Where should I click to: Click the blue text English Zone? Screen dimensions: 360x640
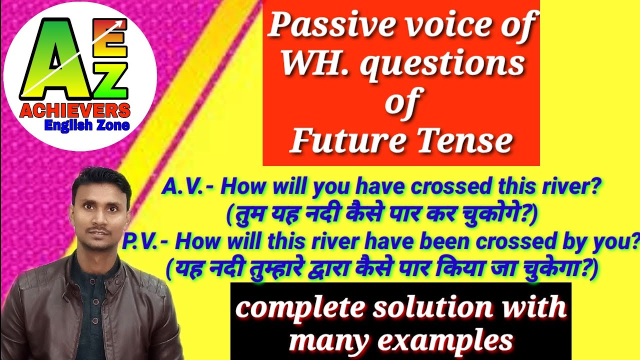87,125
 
